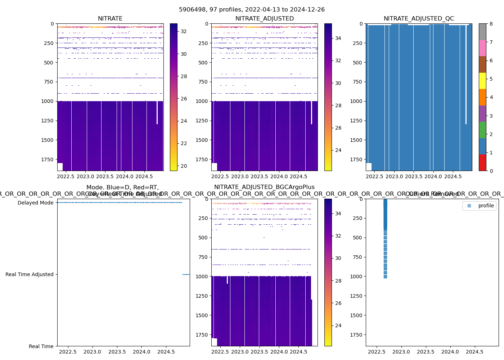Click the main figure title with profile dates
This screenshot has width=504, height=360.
tap(252, 10)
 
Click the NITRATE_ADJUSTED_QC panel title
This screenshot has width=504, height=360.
tap(419, 19)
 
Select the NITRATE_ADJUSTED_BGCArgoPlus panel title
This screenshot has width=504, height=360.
tap(264, 187)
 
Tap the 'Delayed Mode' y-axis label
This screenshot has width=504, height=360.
tap(35, 203)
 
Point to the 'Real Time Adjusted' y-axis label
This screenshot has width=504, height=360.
tap(29, 274)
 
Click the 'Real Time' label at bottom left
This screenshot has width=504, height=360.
tap(41, 346)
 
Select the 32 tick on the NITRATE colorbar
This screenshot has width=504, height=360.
tap(184, 32)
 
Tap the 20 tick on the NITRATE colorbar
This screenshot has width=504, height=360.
tap(184, 166)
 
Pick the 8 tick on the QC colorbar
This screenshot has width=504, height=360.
tap(491, 24)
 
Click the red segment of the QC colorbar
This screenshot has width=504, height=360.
tap(482, 162)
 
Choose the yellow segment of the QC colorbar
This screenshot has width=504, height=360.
tap(482, 81)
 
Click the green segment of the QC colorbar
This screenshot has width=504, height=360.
tap(482, 130)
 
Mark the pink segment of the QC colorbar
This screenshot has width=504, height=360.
tap(482, 48)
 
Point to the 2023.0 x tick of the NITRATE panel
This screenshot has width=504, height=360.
tap(86, 176)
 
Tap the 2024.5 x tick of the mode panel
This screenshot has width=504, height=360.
tap(166, 352)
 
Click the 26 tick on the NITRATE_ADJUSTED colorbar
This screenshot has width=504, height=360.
tap(338, 128)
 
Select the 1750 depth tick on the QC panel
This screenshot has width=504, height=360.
tap(356, 159)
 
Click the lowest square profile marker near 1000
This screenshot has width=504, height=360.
tap(385, 276)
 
